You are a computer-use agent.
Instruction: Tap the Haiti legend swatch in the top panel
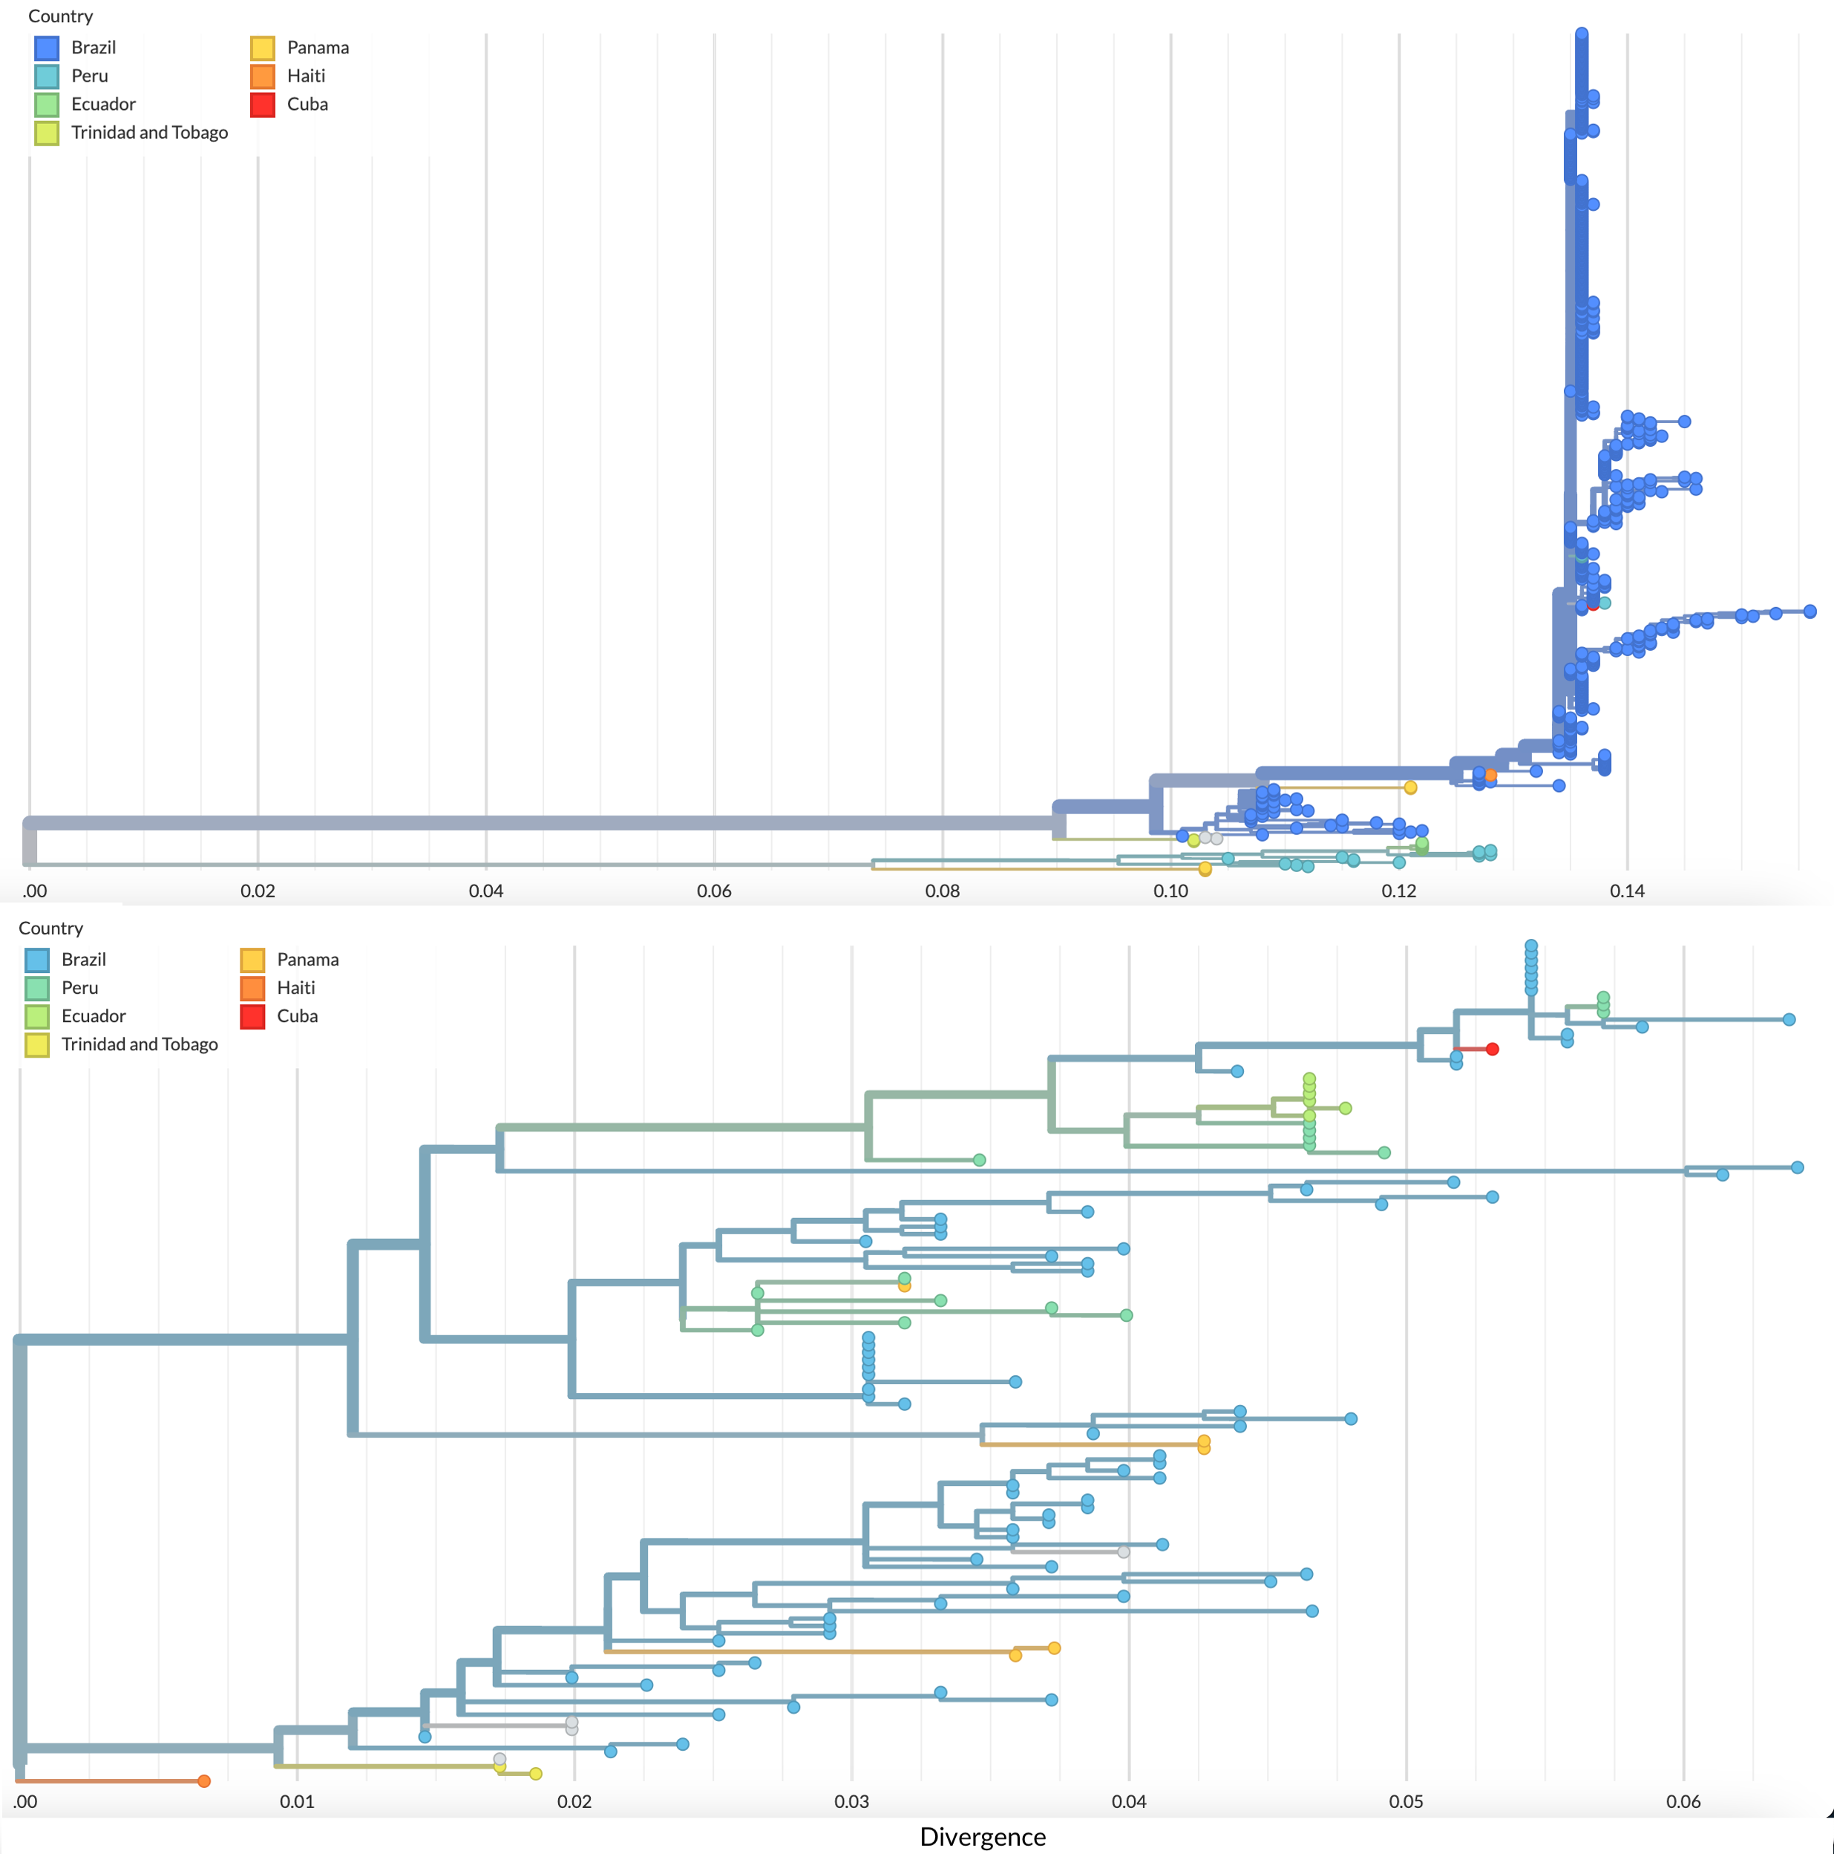pyautogui.click(x=263, y=76)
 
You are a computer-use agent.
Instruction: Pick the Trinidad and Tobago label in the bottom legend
pyautogui.click(x=139, y=1044)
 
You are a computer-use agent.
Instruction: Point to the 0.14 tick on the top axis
pyautogui.click(x=1627, y=891)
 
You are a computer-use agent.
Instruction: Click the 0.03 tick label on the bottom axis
pyautogui.click(x=851, y=1801)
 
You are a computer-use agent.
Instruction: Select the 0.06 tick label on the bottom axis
pyautogui.click(x=1683, y=1801)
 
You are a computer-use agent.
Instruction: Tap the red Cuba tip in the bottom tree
pyautogui.click(x=1493, y=1049)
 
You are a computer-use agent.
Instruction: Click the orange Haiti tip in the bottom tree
pyautogui.click(x=203, y=1781)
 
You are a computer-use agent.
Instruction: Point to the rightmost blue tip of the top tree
pyautogui.click(x=1809, y=612)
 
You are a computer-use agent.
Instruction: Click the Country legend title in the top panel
pyautogui.click(x=60, y=16)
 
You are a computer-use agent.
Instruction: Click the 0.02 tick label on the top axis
pyautogui.click(x=258, y=891)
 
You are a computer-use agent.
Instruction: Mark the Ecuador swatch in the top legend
pyautogui.click(x=46, y=105)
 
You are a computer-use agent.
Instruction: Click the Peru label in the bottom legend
pyautogui.click(x=79, y=987)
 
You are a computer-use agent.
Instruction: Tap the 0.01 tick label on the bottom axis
pyautogui.click(x=297, y=1801)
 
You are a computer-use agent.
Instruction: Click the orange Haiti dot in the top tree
pyautogui.click(x=1490, y=774)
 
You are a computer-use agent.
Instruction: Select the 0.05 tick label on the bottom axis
pyautogui.click(x=1406, y=1801)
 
